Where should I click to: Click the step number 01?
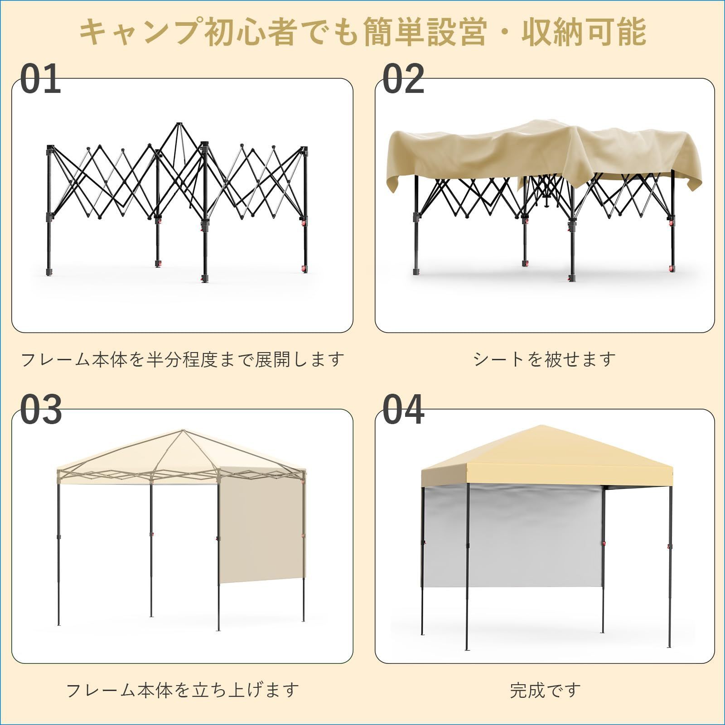(x=41, y=79)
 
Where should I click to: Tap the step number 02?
(x=403, y=79)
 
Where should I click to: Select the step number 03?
(x=41, y=410)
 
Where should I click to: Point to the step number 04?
(x=403, y=410)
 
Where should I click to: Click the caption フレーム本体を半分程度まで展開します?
(x=183, y=359)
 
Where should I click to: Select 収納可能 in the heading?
(x=584, y=32)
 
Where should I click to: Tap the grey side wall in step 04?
(x=512, y=535)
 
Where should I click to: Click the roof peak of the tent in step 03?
(x=182, y=431)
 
